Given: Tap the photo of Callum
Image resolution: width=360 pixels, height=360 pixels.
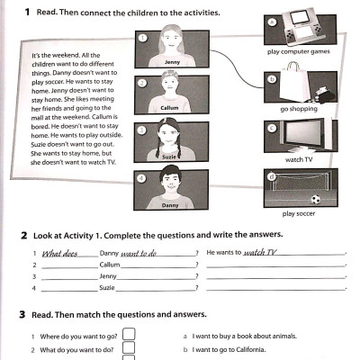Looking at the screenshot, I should [x=172, y=94].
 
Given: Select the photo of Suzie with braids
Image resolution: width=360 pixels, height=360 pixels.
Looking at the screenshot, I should [x=172, y=142].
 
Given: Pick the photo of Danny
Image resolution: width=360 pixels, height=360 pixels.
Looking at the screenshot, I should [x=172, y=191].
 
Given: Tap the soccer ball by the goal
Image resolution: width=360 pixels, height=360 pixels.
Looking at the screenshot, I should [x=315, y=200].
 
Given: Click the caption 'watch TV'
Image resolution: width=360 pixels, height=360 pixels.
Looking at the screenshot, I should [x=300, y=159].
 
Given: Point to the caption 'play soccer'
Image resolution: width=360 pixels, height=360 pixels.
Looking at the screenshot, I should [x=301, y=214].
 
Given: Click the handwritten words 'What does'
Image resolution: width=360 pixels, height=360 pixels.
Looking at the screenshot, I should [x=61, y=254].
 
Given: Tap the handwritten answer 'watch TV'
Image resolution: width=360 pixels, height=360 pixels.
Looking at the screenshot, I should [x=261, y=253].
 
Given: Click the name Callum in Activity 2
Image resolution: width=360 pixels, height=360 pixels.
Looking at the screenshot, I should [x=109, y=265].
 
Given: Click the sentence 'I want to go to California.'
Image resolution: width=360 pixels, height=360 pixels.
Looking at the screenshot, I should [x=229, y=348].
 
